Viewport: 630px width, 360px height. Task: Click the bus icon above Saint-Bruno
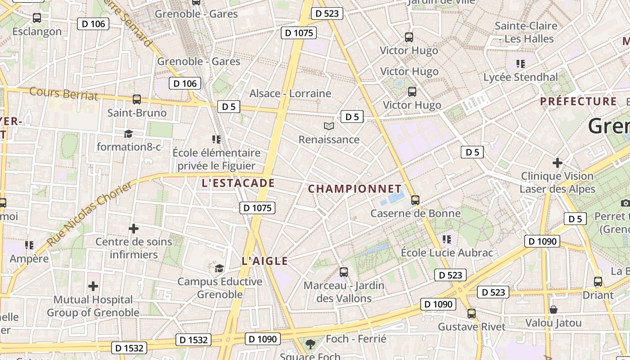pyautogui.click(x=137, y=99)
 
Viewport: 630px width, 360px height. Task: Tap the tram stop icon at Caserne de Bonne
pyautogui.click(x=415, y=200)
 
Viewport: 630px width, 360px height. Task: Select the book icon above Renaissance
pyautogui.click(x=329, y=126)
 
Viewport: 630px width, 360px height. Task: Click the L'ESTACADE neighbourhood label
pyautogui.click(x=238, y=183)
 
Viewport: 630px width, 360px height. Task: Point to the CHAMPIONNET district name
pyautogui.click(x=355, y=189)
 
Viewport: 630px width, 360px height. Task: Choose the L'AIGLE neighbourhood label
pyautogui.click(x=265, y=261)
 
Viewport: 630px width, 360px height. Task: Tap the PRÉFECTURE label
pyautogui.click(x=578, y=101)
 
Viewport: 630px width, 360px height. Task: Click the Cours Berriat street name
pyautogui.click(x=63, y=94)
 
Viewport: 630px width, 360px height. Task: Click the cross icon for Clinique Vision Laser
pyautogui.click(x=558, y=162)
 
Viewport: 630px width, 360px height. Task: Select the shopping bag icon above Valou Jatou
pyautogui.click(x=553, y=310)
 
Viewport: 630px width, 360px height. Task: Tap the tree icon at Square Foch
pyautogui.click(x=310, y=344)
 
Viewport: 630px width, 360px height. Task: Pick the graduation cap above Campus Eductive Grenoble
pyautogui.click(x=219, y=269)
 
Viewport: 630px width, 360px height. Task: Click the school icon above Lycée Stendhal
pyautogui.click(x=521, y=64)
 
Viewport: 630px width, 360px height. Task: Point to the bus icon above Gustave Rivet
pyautogui.click(x=472, y=313)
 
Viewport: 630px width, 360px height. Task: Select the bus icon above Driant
pyautogui.click(x=598, y=282)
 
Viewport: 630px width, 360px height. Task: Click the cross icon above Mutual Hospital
pyautogui.click(x=93, y=286)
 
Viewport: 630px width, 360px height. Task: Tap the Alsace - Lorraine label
pyautogui.click(x=290, y=94)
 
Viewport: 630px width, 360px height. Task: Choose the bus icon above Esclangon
pyautogui.click(x=37, y=18)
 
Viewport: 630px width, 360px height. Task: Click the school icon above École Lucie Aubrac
pyautogui.click(x=446, y=239)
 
